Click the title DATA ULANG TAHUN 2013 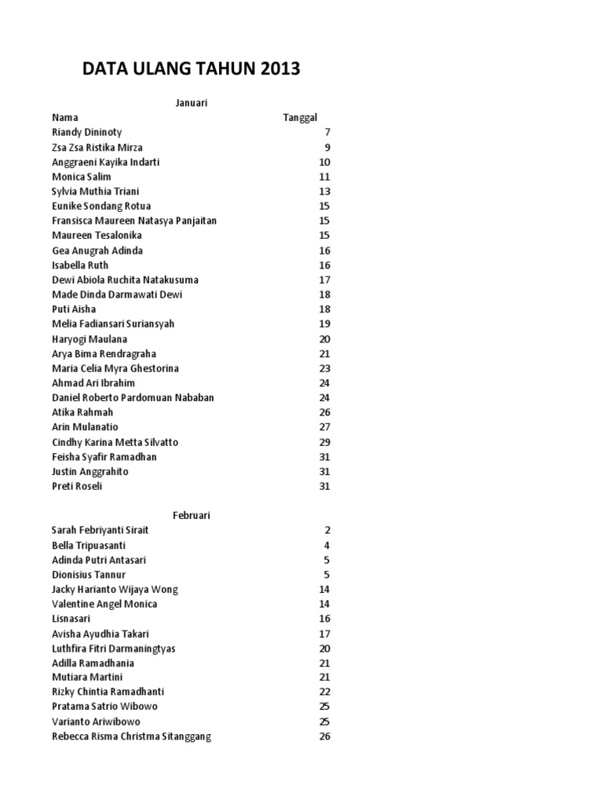[x=191, y=70]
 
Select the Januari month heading [x=190, y=103]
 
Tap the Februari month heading [x=192, y=515]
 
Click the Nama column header [x=65, y=118]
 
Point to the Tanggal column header [x=300, y=118]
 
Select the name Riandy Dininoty [x=86, y=133]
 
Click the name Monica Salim [x=82, y=177]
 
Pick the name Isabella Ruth [x=80, y=265]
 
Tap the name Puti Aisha [x=74, y=309]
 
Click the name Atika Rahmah [x=82, y=412]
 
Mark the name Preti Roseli [x=77, y=486]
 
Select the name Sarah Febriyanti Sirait [x=100, y=530]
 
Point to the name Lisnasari [x=71, y=619]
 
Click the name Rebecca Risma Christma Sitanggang [x=131, y=736]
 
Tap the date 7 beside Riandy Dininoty [x=327, y=133]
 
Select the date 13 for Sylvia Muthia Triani [x=324, y=192]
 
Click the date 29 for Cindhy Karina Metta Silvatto [x=324, y=442]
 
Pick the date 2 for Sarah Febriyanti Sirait [x=327, y=530]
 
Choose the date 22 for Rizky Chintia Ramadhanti [x=324, y=692]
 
